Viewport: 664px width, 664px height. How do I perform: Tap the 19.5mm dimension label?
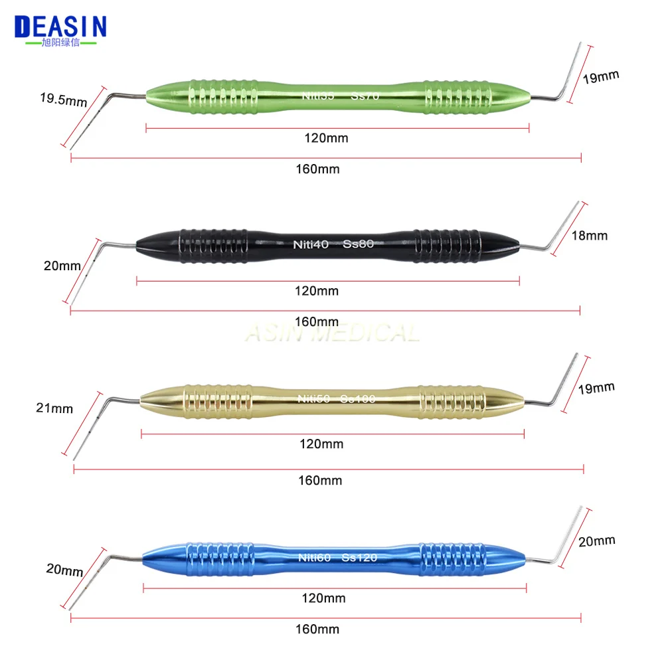point(63,101)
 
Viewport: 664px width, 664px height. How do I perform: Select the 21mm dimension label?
point(54,408)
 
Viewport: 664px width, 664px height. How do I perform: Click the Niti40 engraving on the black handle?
point(311,244)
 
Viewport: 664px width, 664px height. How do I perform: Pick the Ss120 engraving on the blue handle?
point(359,557)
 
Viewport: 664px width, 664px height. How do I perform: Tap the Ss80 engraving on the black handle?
point(359,244)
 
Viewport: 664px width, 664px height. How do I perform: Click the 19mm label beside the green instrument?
point(601,76)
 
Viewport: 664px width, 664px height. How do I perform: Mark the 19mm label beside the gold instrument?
point(601,387)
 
